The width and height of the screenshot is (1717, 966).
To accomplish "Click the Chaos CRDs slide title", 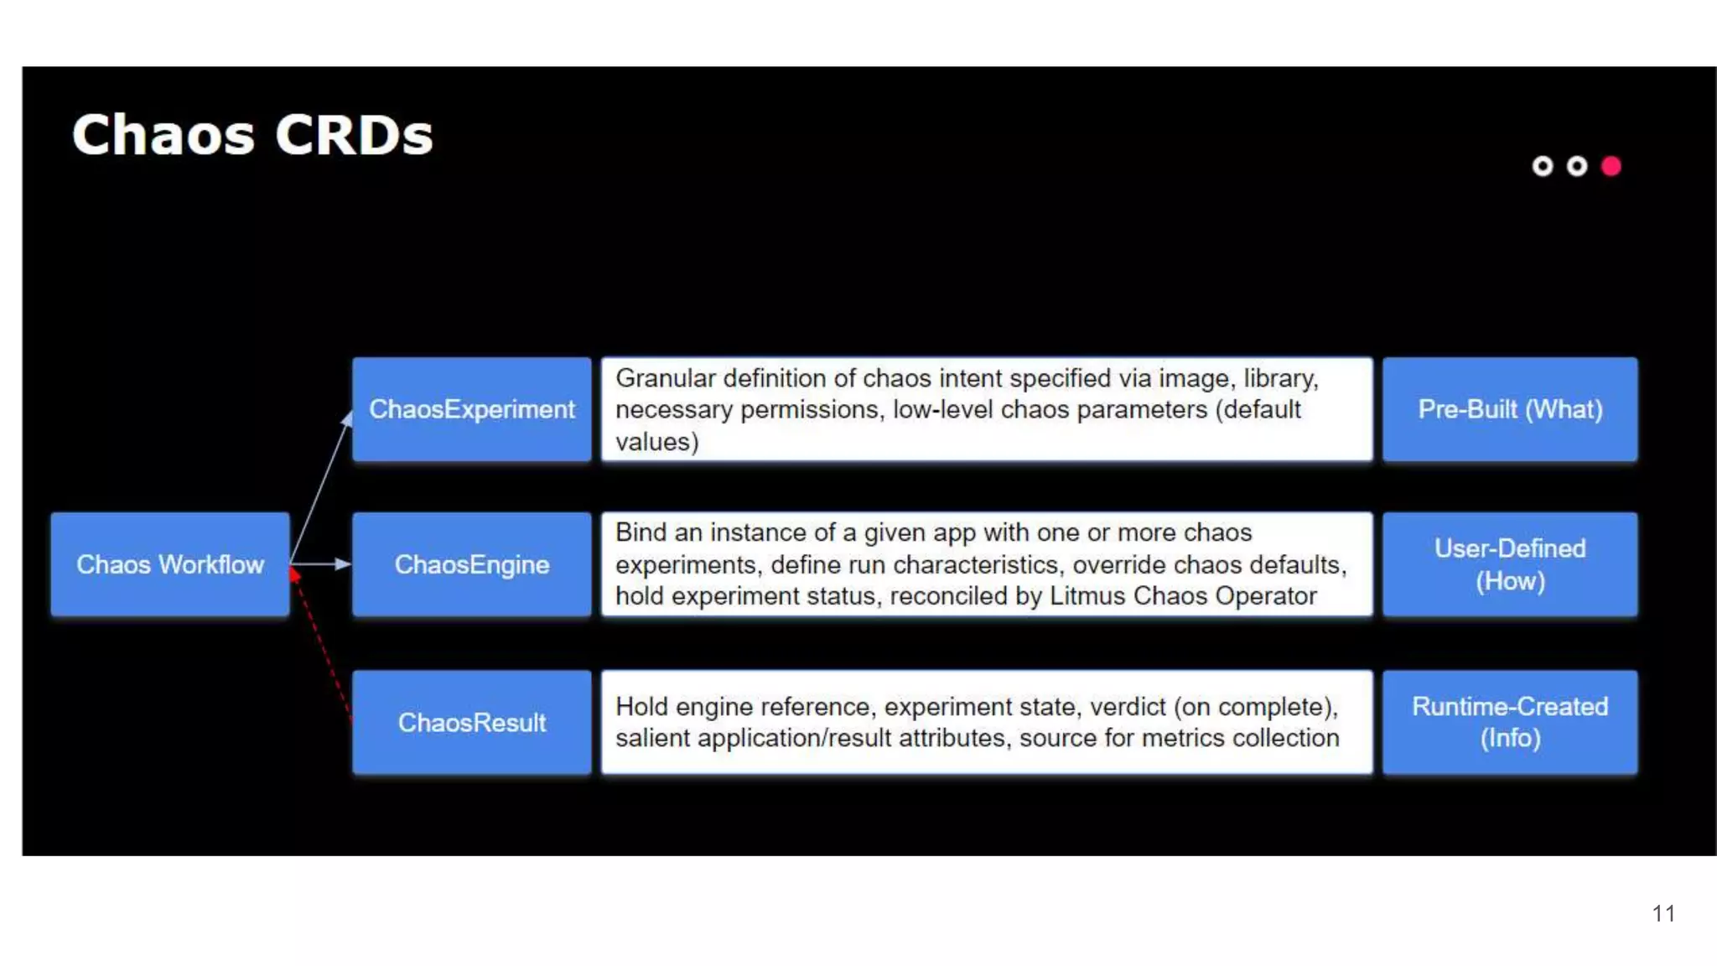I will click(252, 135).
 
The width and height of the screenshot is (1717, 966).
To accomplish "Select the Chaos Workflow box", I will click(170, 564).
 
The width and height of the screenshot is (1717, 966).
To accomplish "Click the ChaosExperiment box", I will click(472, 409).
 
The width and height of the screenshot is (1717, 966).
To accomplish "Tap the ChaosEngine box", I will click(472, 564).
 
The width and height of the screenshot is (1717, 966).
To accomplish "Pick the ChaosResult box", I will click(472, 722).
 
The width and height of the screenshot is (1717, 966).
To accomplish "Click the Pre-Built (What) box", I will click(1510, 409).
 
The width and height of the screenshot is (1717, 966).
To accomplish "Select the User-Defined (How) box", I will click(1510, 564).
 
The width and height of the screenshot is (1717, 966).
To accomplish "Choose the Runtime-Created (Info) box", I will click(1510, 722).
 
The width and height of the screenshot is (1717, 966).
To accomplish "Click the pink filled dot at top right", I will click(1611, 166).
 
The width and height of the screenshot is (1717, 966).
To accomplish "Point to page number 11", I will click(1663, 913).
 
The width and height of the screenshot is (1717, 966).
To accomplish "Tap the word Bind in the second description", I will click(641, 532).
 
